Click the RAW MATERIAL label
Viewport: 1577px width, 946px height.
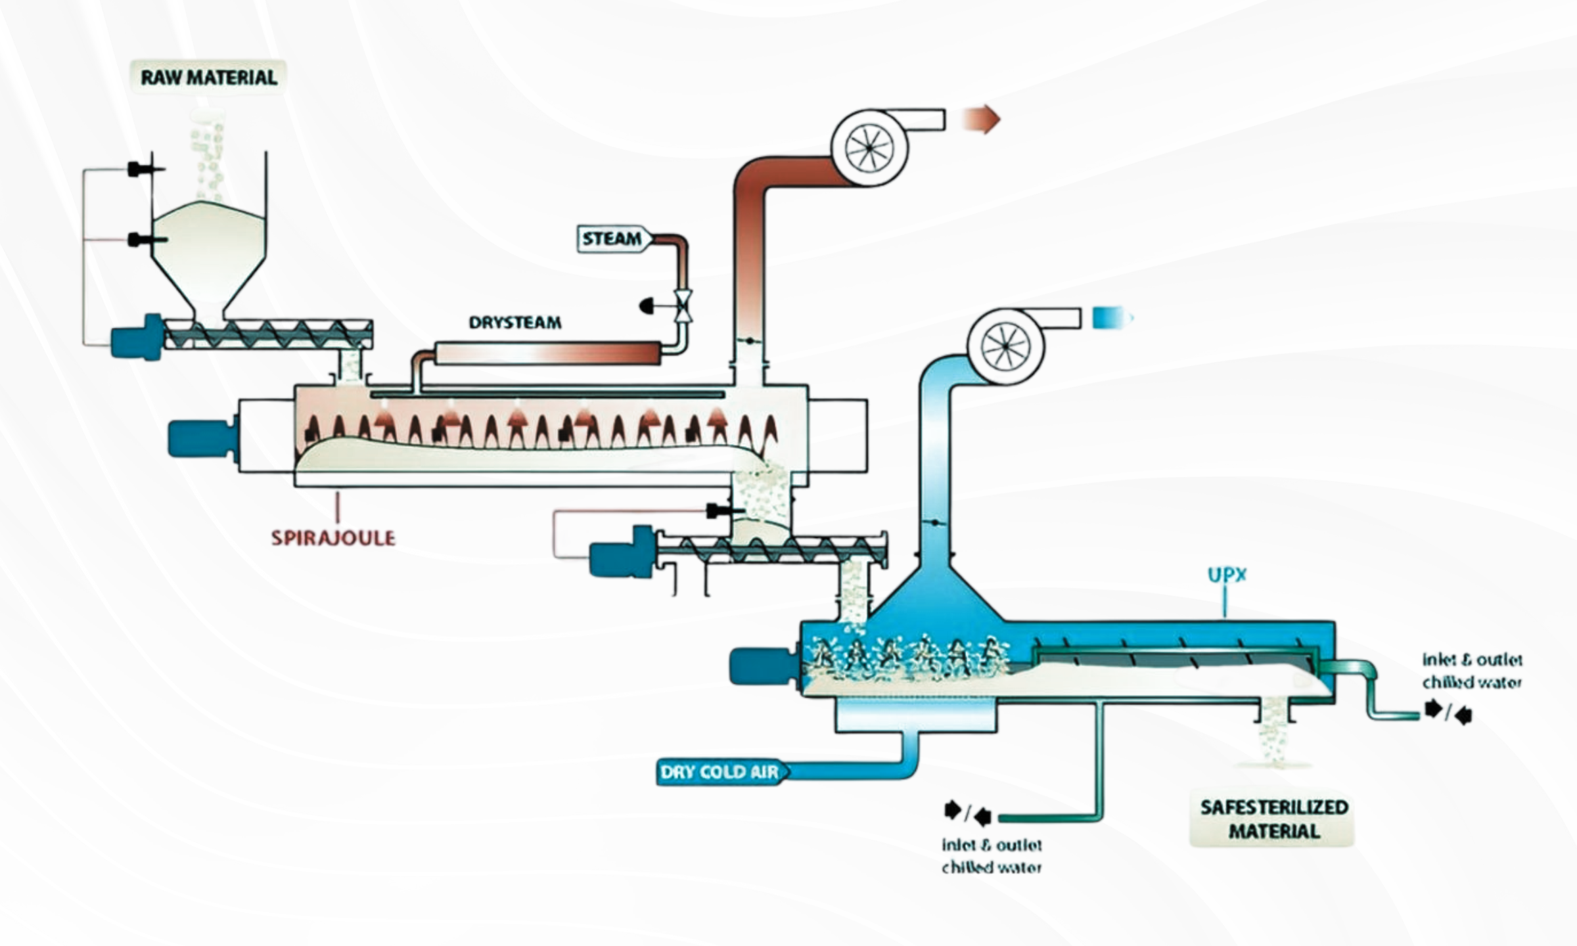click(209, 78)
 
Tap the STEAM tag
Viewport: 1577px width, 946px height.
click(612, 238)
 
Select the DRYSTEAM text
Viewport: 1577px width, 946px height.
click(514, 323)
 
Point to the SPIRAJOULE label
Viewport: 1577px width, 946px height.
click(333, 538)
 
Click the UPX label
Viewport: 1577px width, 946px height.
click(1227, 575)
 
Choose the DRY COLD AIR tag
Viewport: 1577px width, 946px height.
click(720, 772)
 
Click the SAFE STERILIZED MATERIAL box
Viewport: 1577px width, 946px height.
click(1273, 819)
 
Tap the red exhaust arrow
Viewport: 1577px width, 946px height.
click(982, 120)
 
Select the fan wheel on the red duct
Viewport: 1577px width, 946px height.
click(869, 147)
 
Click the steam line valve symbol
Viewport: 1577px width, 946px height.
click(684, 306)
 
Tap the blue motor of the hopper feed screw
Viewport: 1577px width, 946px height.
click(137, 337)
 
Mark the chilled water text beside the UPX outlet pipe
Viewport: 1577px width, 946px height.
click(1471, 671)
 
